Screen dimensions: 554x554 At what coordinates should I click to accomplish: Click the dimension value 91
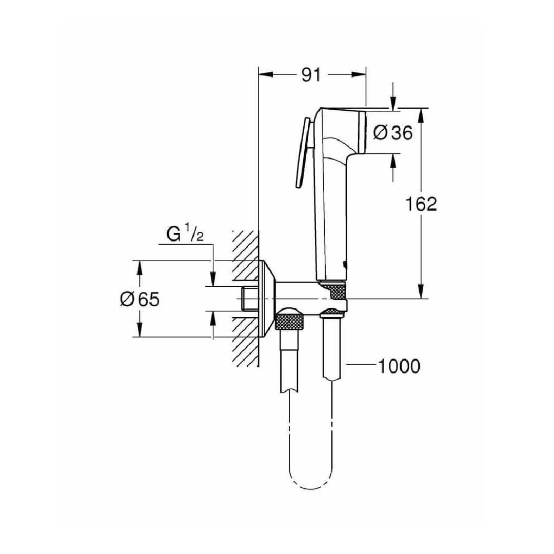(x=310, y=75)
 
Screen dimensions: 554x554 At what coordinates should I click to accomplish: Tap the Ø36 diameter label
(x=393, y=133)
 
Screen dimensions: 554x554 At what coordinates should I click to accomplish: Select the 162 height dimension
(x=421, y=204)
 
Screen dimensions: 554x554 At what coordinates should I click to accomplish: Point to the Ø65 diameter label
(x=140, y=299)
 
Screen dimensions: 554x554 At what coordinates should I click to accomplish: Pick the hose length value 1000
(x=399, y=366)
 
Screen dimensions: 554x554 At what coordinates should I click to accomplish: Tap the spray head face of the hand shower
(x=362, y=132)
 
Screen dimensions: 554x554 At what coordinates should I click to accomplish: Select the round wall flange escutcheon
(x=267, y=299)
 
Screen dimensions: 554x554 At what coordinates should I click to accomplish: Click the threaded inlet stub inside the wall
(x=250, y=299)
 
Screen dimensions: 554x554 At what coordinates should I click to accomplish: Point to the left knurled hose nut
(x=289, y=319)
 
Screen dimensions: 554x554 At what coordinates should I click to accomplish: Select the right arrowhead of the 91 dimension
(x=359, y=74)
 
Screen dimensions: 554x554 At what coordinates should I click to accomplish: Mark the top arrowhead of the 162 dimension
(x=421, y=115)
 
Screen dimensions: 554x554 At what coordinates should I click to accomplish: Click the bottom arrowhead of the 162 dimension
(x=421, y=291)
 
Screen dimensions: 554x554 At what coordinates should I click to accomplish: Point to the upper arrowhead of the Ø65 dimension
(x=140, y=268)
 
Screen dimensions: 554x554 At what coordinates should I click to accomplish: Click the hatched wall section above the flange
(x=246, y=246)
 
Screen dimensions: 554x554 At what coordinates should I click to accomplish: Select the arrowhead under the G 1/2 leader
(x=213, y=279)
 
